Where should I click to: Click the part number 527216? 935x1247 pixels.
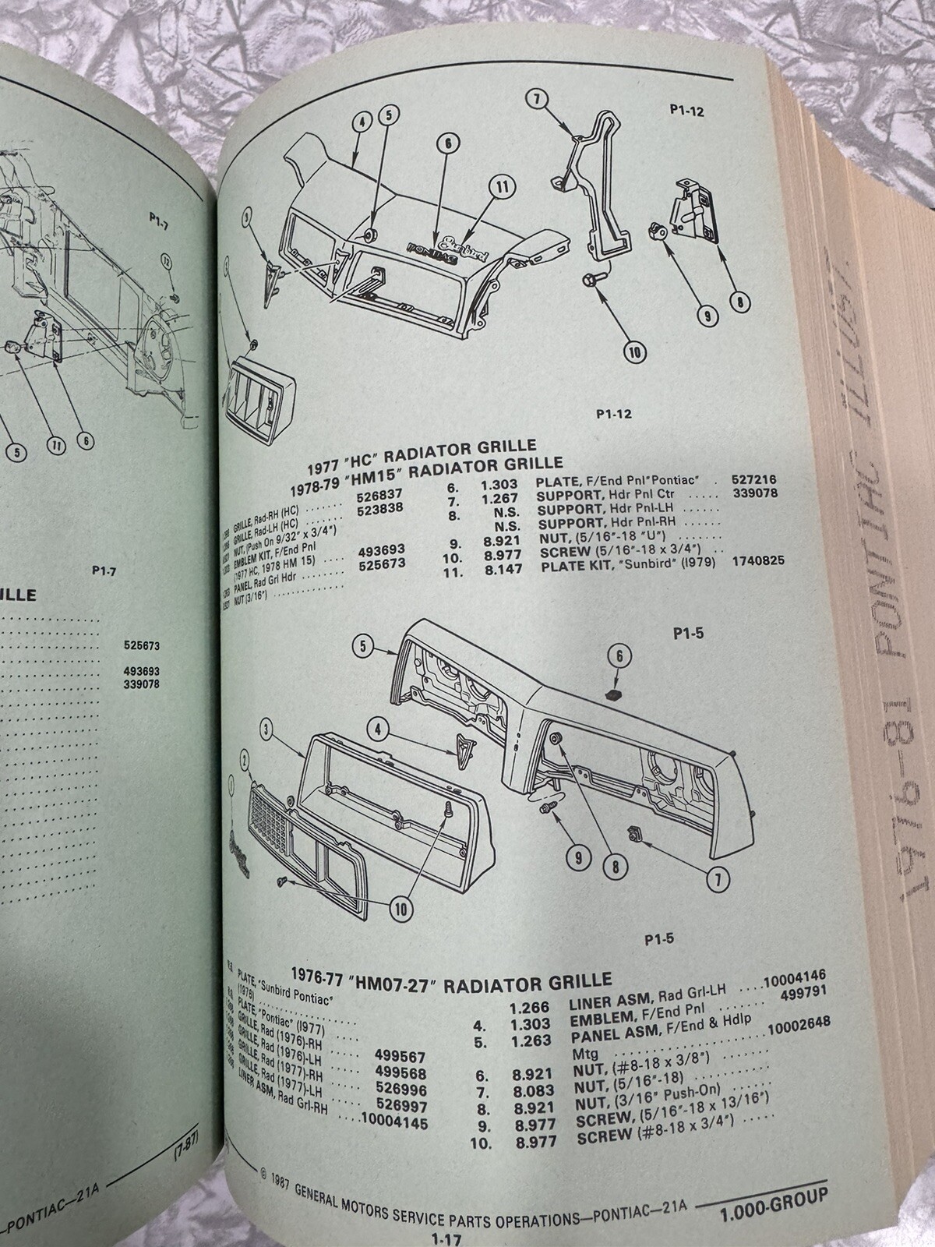pyautogui.click(x=754, y=481)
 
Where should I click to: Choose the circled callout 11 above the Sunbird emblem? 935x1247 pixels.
pyautogui.click(x=503, y=187)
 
